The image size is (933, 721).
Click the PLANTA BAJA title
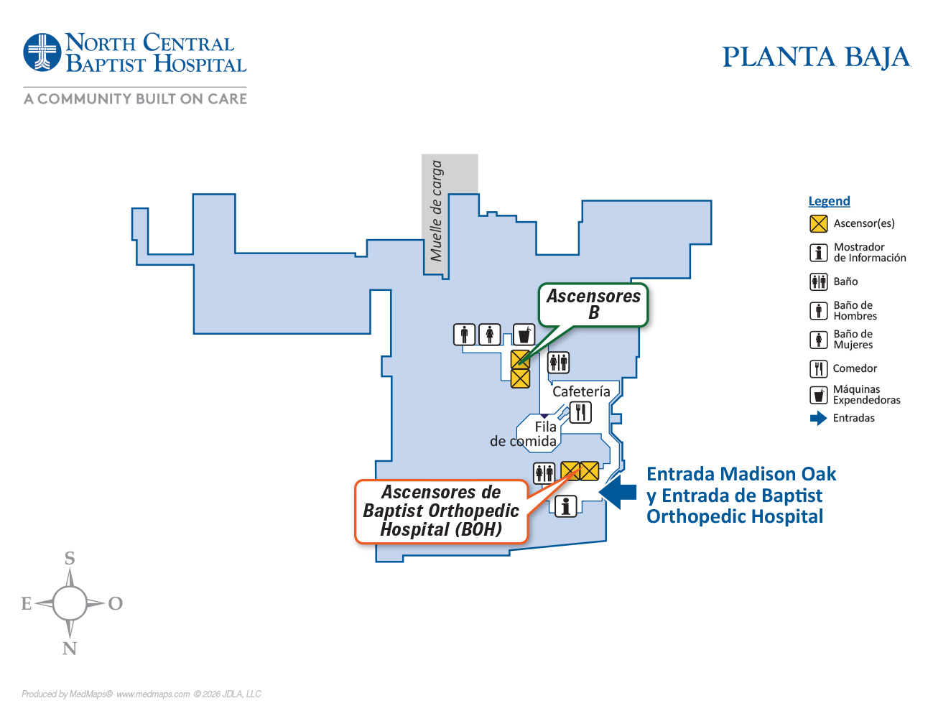(x=816, y=57)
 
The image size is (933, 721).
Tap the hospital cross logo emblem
(x=42, y=52)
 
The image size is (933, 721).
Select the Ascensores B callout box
(x=593, y=304)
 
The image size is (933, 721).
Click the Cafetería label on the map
(x=581, y=391)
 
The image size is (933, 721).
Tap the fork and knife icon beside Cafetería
(x=580, y=412)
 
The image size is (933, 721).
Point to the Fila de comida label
(x=532, y=434)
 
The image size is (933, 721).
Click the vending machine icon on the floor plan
(x=524, y=335)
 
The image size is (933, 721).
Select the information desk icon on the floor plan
(x=566, y=506)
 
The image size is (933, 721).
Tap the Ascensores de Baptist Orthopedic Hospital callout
(x=441, y=511)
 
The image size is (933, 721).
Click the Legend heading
(x=829, y=201)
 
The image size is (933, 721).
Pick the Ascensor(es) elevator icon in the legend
(x=819, y=223)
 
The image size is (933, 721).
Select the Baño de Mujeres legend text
(x=853, y=339)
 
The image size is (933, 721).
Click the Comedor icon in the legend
(x=819, y=368)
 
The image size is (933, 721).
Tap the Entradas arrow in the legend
(x=818, y=418)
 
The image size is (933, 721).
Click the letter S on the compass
(x=70, y=559)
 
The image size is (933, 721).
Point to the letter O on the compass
(x=115, y=604)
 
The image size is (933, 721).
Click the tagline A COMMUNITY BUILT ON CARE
(x=135, y=99)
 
